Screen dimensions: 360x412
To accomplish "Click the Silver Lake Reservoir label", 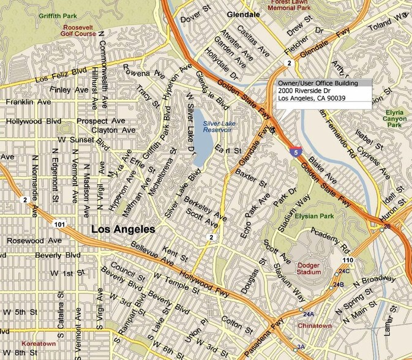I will (217, 127).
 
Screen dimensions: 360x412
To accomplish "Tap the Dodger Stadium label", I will (309, 269).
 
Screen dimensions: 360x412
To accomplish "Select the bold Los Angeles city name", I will (122, 229).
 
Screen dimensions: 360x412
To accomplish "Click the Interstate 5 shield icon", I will (296, 149).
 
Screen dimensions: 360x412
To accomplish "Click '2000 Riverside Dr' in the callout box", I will (304, 90).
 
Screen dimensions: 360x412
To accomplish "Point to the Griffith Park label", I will (54, 14).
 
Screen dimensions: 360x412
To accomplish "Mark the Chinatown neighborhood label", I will (315, 326).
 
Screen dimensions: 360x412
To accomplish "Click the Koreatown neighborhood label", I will (38, 343).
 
